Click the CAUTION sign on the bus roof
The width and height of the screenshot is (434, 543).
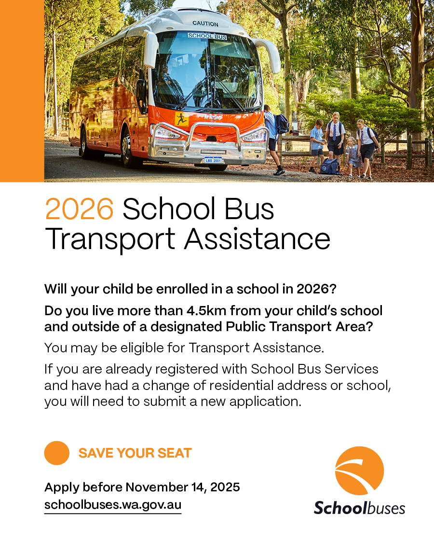point(205,24)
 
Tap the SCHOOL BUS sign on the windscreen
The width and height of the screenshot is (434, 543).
point(207,36)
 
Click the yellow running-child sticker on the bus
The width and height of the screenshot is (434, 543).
point(181,119)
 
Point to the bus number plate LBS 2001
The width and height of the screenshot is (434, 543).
point(213,160)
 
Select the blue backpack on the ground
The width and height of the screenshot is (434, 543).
point(329,166)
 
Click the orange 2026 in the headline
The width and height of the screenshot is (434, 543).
point(79,209)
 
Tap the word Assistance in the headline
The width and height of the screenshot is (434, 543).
point(257,239)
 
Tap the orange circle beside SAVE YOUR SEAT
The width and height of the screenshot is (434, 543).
point(57,453)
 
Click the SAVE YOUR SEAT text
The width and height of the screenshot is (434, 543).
point(135,453)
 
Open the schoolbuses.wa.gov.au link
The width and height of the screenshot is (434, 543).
point(113,505)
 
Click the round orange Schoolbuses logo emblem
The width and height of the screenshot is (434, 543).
point(359,471)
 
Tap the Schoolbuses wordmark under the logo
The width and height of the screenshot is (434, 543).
point(359,508)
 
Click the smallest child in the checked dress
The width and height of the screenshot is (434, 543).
point(353,157)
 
